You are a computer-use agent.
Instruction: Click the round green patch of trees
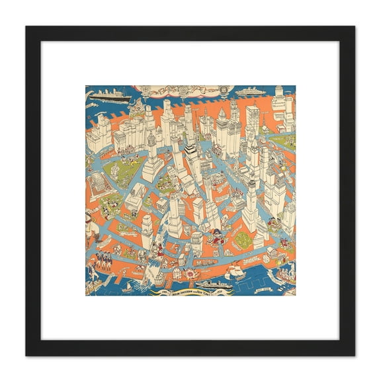pyautogui.click(x=244, y=241)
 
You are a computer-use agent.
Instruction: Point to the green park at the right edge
pyautogui.click(x=286, y=141)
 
